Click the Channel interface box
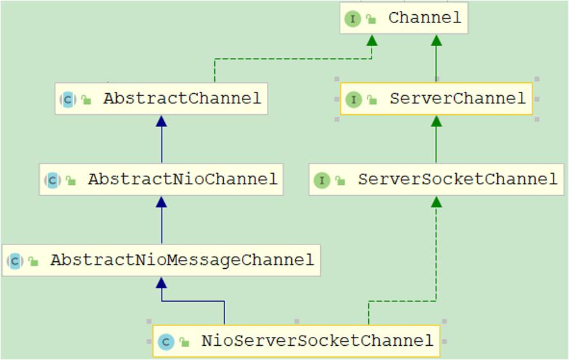pyautogui.click(x=404, y=18)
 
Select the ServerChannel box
pyautogui.click(x=436, y=99)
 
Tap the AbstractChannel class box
pyautogui.click(x=161, y=99)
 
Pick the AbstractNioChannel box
pyautogui.click(x=161, y=180)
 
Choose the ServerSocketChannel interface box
pyautogui.click(x=436, y=180)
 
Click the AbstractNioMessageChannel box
pyautogui.click(x=161, y=261)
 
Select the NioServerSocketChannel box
pyautogui.click(x=296, y=341)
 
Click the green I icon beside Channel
pyautogui.click(x=353, y=19)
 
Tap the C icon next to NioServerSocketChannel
pyautogui.click(x=166, y=341)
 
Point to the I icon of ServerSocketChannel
pyautogui.click(x=321, y=180)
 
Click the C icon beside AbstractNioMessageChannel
pyautogui.click(x=15, y=261)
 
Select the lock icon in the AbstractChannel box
pyautogui.click(x=87, y=100)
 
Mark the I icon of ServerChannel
pyautogui.click(x=353, y=99)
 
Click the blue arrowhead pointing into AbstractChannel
pyautogui.click(x=161, y=121)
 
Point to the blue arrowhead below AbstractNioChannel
pyautogui.click(x=161, y=201)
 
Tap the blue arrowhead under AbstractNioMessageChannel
pyautogui.click(x=161, y=282)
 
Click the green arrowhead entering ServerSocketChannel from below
pyautogui.click(x=436, y=201)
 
